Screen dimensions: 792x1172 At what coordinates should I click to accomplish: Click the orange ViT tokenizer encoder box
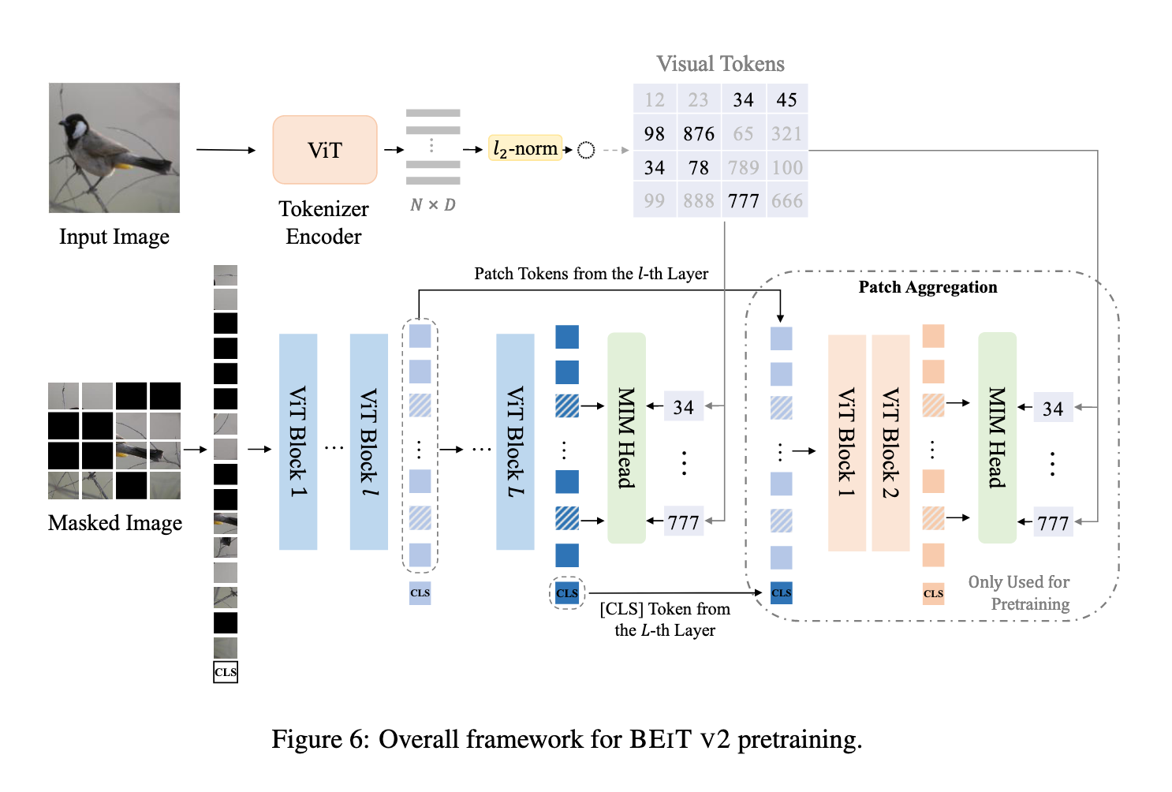pyautogui.click(x=325, y=150)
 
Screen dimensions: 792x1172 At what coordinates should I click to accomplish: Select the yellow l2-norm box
pyautogui.click(x=525, y=148)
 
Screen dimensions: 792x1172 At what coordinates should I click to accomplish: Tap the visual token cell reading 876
pyautogui.click(x=699, y=134)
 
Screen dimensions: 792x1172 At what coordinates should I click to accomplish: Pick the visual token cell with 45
pyautogui.click(x=786, y=100)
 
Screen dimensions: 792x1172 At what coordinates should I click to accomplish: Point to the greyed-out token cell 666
pyautogui.click(x=786, y=201)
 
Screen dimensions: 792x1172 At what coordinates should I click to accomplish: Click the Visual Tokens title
pyautogui.click(x=720, y=64)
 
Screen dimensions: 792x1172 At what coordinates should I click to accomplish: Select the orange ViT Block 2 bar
pyautogui.click(x=890, y=442)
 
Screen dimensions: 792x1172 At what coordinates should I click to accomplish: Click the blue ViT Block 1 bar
pyautogui.click(x=298, y=442)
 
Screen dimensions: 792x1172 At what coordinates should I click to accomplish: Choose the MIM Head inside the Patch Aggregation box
pyautogui.click(x=997, y=438)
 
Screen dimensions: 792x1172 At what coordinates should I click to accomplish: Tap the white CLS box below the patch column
pyautogui.click(x=226, y=672)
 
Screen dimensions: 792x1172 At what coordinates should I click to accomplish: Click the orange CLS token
pyautogui.click(x=933, y=594)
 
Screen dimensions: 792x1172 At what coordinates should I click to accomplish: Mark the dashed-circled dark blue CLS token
pyautogui.click(x=567, y=593)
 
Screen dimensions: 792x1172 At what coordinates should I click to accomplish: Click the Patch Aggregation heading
pyautogui.click(x=928, y=287)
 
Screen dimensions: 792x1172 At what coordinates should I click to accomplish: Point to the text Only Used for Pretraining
pyautogui.click(x=1019, y=592)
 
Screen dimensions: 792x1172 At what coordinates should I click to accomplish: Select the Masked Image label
pyautogui.click(x=115, y=523)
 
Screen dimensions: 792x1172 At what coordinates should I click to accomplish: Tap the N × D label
pyautogui.click(x=433, y=205)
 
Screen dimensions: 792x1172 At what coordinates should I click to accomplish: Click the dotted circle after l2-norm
pyautogui.click(x=586, y=150)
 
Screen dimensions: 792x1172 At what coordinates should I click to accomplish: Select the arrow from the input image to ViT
pyautogui.click(x=226, y=150)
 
